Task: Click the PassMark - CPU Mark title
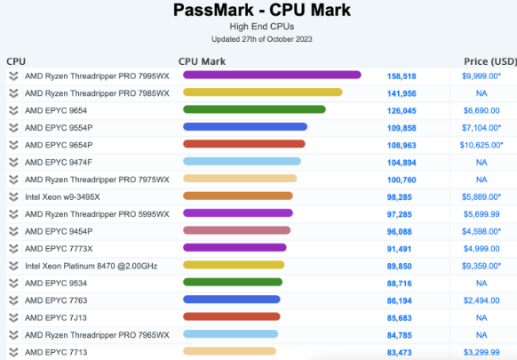(x=258, y=11)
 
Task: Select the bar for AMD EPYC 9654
(x=253, y=110)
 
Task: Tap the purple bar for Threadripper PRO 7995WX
(x=272, y=76)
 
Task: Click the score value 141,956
(x=402, y=93)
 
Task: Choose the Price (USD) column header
(x=489, y=61)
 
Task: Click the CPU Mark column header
(x=202, y=61)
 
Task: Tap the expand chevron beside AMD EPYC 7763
(x=13, y=300)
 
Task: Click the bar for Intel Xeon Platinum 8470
(x=234, y=265)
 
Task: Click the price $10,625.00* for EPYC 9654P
(x=481, y=145)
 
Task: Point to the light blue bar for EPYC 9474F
(x=242, y=162)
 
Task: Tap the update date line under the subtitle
(x=258, y=39)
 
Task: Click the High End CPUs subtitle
(x=258, y=28)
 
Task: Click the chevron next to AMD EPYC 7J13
(x=13, y=317)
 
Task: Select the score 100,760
(x=402, y=180)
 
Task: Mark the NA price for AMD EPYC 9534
(x=481, y=283)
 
